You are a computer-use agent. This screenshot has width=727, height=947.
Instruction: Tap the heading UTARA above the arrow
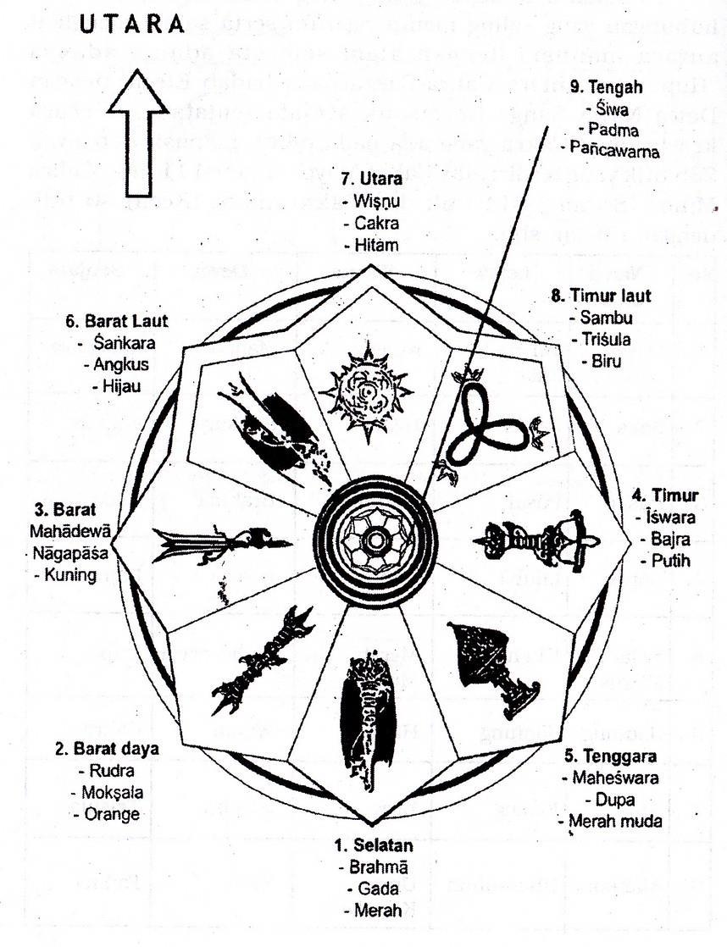pos(132,25)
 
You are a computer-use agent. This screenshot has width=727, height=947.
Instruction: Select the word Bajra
pos(663,540)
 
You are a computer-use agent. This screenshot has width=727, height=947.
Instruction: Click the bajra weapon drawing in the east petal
pos(533,539)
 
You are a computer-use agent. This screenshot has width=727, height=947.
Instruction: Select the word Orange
pos(112,814)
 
